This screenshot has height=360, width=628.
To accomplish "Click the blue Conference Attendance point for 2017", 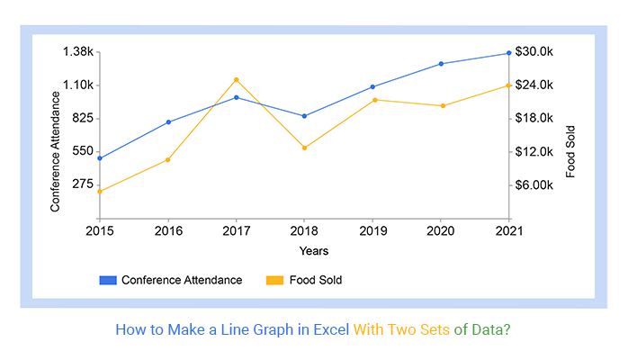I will click(x=237, y=97).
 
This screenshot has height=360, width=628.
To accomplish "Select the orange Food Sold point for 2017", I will click(x=237, y=79).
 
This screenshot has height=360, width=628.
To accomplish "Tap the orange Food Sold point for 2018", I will click(x=304, y=148).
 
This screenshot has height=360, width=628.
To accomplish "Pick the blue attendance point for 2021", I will click(x=509, y=53).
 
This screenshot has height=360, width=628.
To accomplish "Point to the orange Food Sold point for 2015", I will click(x=100, y=191).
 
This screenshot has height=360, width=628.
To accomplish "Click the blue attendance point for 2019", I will click(x=372, y=87).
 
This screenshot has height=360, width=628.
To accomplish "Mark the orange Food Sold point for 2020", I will click(x=441, y=106).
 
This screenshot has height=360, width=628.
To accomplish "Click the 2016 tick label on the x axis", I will click(x=168, y=231).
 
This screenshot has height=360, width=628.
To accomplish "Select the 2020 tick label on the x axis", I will click(x=441, y=231).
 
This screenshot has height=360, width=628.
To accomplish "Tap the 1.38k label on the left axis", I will click(x=78, y=52).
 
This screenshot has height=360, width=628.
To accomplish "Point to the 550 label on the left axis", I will click(x=84, y=151).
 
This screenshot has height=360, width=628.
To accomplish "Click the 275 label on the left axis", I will click(x=84, y=184).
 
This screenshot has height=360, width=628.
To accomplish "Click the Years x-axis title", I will click(x=314, y=251).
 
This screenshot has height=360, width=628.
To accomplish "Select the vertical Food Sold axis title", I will click(x=570, y=151).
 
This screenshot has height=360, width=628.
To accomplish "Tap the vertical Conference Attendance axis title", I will click(x=56, y=151).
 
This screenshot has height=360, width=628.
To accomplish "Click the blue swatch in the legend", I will click(x=108, y=280).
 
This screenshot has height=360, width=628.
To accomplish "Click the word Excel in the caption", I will click(x=331, y=329).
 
